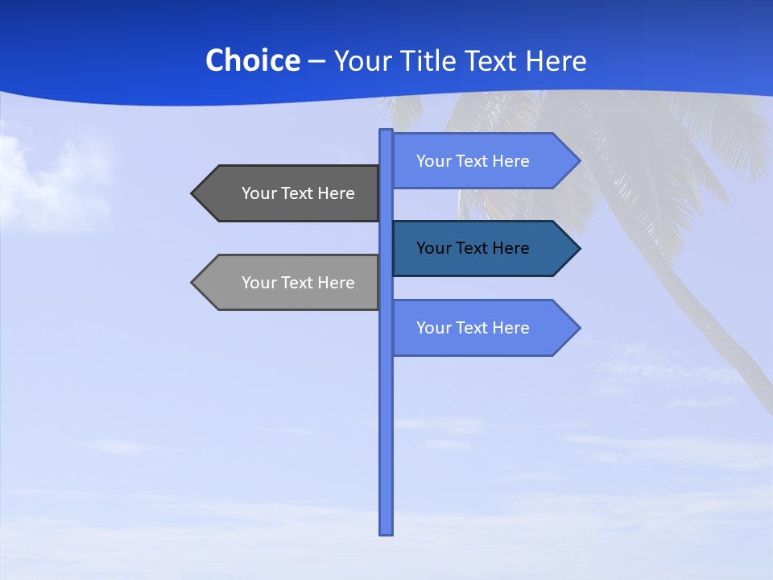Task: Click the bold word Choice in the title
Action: click(x=252, y=61)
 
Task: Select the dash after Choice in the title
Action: click(x=316, y=61)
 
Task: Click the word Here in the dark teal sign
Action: click(x=511, y=248)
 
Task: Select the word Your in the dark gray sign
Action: click(x=258, y=193)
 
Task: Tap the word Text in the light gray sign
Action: click(x=296, y=283)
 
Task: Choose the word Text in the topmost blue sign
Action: click(x=471, y=161)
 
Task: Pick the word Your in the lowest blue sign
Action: click(x=432, y=328)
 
